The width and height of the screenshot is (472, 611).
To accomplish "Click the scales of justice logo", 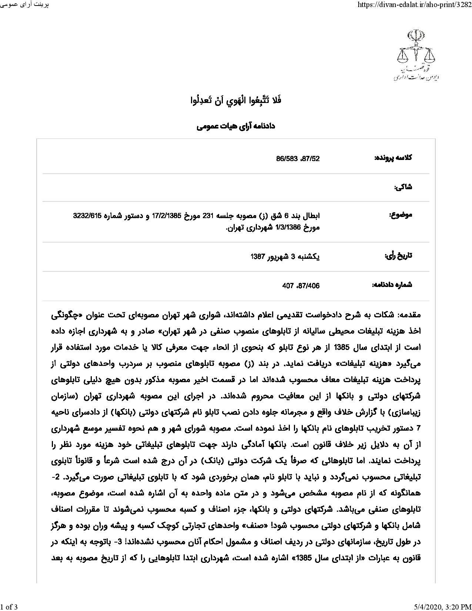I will click(x=415, y=55).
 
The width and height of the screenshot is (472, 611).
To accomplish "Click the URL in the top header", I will click(x=412, y=5).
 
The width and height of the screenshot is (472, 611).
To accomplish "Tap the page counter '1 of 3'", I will click(x=9, y=606).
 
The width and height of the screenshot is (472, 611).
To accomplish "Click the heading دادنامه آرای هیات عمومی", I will click(x=235, y=127).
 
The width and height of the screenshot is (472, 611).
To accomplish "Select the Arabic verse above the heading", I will click(x=235, y=100).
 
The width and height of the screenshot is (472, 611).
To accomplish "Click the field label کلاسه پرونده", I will click(x=394, y=158).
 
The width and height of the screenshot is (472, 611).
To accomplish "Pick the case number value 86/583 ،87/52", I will click(x=298, y=159).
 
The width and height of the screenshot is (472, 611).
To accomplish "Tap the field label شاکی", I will click(x=403, y=187).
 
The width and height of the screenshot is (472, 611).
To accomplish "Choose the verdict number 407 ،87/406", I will click(x=301, y=286).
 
